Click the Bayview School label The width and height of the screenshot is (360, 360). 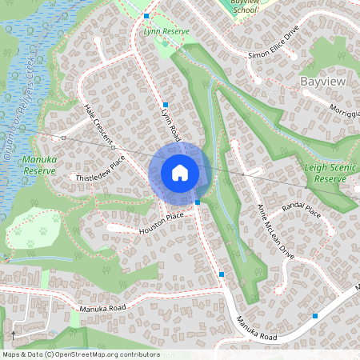(x=244, y=7)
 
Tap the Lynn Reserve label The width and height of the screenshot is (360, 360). (x=166, y=31)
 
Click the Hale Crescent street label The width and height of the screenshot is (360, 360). (x=98, y=125)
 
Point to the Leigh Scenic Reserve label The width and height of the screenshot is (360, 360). (x=329, y=174)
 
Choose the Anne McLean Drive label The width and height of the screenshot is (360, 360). (x=275, y=231)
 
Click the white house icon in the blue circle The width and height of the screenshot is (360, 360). (x=180, y=173)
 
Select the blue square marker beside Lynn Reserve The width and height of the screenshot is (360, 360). (x=146, y=16)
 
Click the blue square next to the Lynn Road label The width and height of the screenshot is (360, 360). (x=165, y=105)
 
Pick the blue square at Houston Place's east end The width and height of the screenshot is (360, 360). (x=198, y=202)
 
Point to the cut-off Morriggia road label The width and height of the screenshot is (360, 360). (x=346, y=111)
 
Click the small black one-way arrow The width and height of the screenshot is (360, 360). (x=14, y=334)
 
